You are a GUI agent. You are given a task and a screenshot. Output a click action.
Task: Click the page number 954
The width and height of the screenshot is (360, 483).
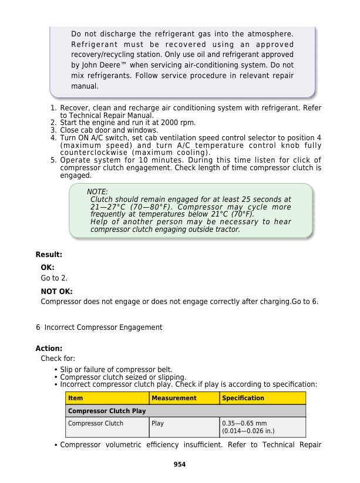[180, 464]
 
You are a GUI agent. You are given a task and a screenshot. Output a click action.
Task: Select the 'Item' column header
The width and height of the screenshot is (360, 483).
[76, 398]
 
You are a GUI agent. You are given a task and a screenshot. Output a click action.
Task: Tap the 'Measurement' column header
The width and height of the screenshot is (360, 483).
[174, 398]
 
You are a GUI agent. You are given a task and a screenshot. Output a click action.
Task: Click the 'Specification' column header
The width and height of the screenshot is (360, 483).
[243, 398]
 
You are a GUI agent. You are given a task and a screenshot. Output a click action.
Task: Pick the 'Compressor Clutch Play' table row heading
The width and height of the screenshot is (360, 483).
[107, 411]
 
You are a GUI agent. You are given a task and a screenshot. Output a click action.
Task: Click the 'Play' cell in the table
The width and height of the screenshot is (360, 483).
[157, 423]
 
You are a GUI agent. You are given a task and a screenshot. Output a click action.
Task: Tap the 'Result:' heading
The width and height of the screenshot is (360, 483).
[49, 255]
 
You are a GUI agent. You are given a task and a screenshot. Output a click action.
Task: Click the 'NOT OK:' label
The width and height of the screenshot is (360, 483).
[56, 291]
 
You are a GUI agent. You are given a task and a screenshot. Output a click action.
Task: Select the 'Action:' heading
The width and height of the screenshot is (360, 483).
[49, 348]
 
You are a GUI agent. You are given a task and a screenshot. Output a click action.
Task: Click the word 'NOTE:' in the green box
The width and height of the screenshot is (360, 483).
[97, 192]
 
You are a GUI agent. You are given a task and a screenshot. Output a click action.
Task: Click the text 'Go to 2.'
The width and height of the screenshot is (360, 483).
[54, 278]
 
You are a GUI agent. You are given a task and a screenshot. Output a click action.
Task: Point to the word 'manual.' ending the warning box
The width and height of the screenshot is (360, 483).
[85, 86]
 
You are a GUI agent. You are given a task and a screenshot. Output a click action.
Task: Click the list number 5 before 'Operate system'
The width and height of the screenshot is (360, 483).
[53, 160]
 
